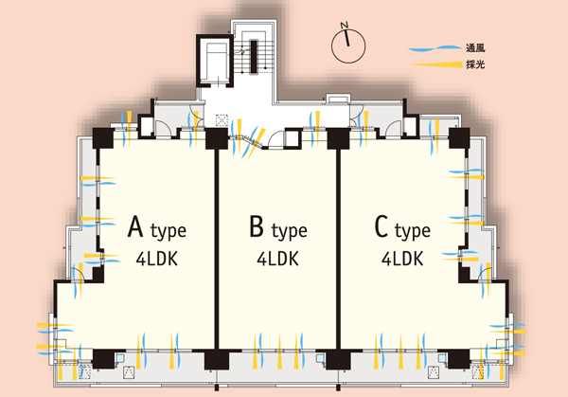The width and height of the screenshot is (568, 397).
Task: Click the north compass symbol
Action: tap(349, 41)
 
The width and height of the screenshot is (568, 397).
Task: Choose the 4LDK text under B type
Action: tap(276, 258)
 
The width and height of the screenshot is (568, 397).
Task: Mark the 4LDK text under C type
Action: tap(402, 258)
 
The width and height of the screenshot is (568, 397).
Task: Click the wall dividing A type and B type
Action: tap(218, 246)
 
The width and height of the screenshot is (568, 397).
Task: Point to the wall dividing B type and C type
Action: tap(338, 246)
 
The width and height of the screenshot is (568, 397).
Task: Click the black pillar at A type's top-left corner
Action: tap(101, 137)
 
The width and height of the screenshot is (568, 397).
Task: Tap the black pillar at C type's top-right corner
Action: tap(460, 138)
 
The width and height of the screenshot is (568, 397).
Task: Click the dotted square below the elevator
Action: tap(222, 121)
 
